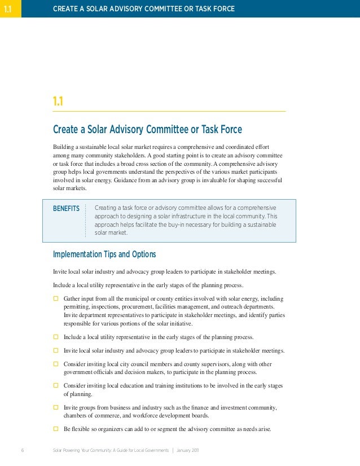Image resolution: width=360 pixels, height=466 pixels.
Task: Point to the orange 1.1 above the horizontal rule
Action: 58,102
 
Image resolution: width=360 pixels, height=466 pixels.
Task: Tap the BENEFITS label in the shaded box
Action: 66,209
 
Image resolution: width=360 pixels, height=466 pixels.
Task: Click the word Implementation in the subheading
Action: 77,254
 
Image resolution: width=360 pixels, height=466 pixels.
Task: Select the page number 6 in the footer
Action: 22,451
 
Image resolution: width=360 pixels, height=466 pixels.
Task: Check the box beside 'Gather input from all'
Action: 56,298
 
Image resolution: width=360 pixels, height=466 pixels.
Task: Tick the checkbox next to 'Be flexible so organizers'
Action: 56,429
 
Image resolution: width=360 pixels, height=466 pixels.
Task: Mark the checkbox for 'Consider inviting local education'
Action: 56,386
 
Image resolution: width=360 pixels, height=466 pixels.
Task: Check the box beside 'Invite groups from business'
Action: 56,407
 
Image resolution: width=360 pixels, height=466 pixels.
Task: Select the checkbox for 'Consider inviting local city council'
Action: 56,364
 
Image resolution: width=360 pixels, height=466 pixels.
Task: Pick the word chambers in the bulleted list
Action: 75,416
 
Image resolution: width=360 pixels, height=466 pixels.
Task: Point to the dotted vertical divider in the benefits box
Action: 86,221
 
